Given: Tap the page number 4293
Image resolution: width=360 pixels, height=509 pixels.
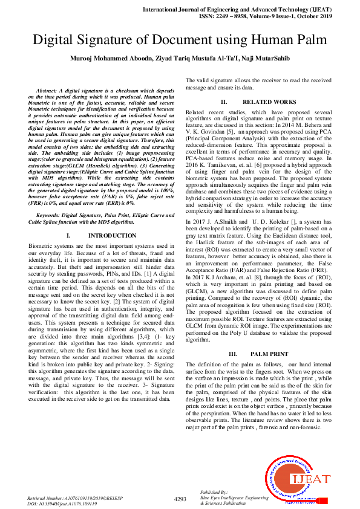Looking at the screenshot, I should [x=180, y=499].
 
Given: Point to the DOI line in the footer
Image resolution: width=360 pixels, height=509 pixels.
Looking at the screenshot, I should [x=62, y=502].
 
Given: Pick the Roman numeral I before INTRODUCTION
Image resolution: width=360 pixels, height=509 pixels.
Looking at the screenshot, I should [x=68, y=235].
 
